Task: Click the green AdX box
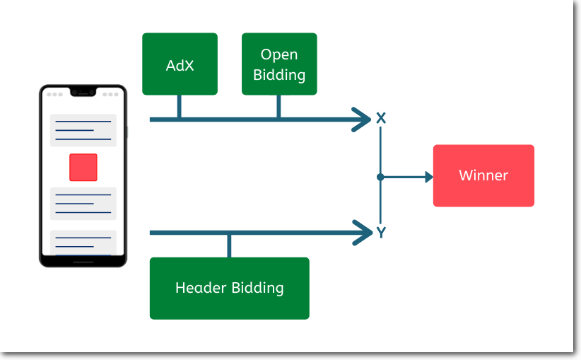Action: point(180,64)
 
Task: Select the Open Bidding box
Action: point(279,64)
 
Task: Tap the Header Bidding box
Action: point(229,288)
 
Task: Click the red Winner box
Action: point(483,175)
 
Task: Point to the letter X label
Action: point(381,118)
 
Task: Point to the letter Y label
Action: point(381,232)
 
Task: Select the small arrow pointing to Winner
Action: point(427,177)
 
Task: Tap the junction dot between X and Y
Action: point(380,177)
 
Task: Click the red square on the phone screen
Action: point(83,167)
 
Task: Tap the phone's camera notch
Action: point(83,92)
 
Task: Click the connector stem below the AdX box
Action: point(179,106)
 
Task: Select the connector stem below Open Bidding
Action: point(278,106)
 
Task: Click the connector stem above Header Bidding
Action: point(229,245)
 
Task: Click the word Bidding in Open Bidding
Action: point(279,74)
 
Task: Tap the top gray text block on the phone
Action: point(83,130)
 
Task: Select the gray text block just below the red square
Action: point(83,204)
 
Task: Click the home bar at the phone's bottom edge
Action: point(83,262)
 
